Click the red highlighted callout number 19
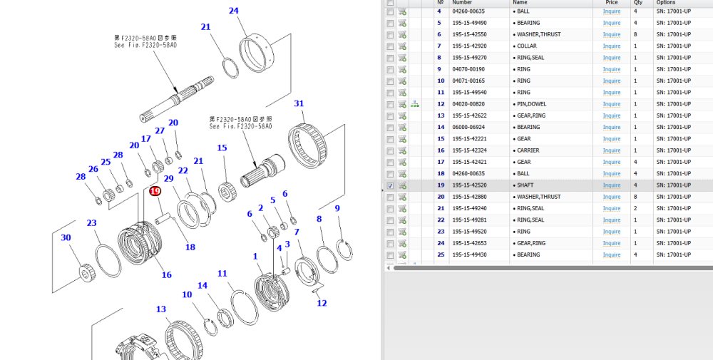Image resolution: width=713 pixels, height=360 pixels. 155,191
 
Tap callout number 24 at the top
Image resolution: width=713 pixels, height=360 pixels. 233,11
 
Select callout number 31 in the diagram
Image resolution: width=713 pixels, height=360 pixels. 299,103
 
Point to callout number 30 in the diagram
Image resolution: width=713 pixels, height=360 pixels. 66,237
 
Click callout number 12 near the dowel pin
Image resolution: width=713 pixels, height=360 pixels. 322,303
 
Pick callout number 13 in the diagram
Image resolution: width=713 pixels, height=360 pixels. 161,309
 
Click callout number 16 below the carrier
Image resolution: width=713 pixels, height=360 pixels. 166,275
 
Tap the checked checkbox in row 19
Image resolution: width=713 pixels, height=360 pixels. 390,185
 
